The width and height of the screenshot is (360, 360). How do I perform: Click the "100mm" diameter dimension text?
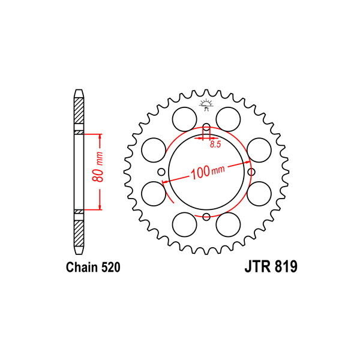(208, 172)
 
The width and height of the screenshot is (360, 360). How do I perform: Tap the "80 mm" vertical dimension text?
(98, 166)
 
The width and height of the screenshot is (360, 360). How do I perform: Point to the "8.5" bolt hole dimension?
(215, 144)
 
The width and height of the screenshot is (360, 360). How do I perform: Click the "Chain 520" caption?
(93, 267)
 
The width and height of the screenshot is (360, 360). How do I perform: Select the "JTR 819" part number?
(271, 266)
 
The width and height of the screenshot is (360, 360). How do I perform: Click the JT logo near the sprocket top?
(206, 105)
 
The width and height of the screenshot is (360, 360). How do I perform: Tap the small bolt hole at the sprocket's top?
(206, 127)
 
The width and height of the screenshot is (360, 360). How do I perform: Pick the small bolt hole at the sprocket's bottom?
(206, 217)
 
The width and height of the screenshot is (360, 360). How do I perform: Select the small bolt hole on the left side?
(161, 172)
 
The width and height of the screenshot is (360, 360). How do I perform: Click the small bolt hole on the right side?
(251, 172)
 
